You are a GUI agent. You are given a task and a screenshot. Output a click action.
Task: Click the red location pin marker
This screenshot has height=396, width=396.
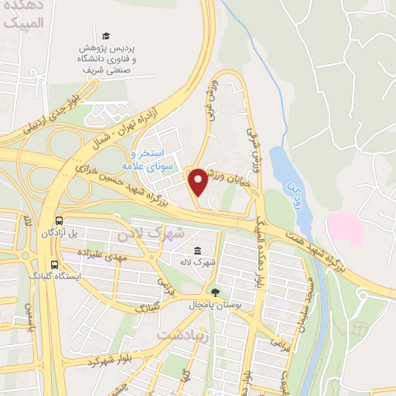(x=199, y=182)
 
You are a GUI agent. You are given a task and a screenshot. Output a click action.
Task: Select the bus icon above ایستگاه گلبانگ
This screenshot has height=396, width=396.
(x=54, y=261)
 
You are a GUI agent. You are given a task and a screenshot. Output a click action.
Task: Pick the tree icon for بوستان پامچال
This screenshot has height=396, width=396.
(x=214, y=292)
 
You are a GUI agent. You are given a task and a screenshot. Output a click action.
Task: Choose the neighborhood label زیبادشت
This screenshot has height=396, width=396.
(x=183, y=334)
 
